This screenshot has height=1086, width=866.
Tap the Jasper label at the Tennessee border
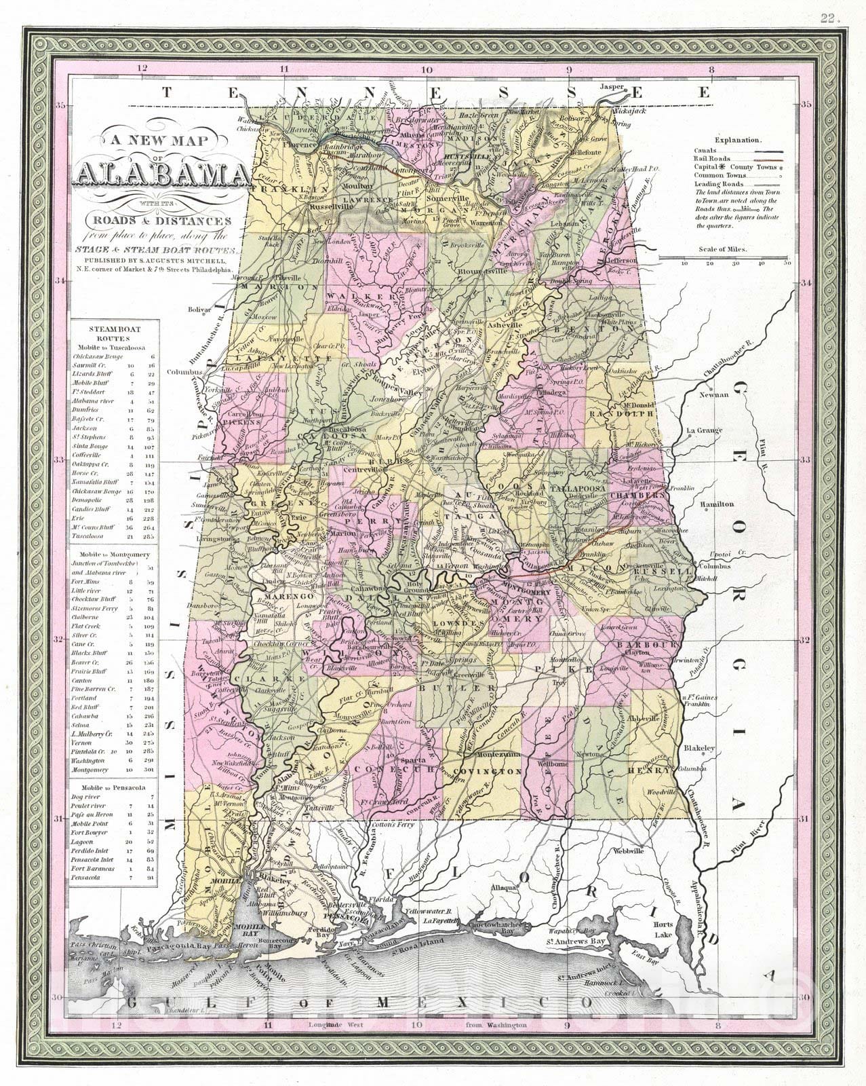pos(611,87)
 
